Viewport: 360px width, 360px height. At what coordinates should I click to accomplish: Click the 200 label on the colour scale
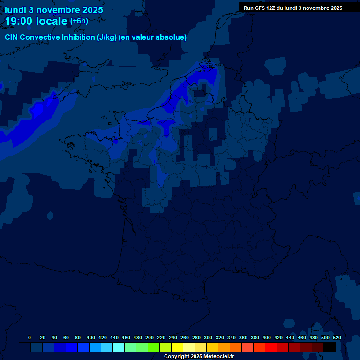click(150, 337)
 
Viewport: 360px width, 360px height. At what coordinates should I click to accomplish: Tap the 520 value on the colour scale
click(337, 337)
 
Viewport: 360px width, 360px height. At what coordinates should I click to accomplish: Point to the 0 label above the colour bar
click(30, 337)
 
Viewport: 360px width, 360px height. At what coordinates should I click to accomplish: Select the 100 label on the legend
click(91, 337)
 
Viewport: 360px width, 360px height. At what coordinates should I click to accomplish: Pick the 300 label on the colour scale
click(208, 337)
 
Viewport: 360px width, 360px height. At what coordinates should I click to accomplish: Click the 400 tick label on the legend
click(267, 337)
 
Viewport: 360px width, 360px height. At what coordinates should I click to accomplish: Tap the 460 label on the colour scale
click(302, 337)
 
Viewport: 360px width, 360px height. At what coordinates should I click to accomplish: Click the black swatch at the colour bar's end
click(330, 347)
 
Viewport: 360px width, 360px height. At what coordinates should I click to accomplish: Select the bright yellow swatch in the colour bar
click(177, 347)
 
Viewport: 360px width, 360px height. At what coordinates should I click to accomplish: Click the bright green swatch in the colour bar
click(154, 347)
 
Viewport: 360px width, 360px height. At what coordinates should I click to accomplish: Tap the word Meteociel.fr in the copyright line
click(219, 357)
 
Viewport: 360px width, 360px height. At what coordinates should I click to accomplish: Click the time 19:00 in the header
click(20, 21)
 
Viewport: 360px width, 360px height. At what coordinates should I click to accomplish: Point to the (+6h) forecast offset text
click(79, 21)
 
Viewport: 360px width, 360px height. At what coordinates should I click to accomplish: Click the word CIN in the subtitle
click(12, 37)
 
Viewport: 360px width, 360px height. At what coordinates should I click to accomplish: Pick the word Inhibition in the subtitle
click(78, 37)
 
